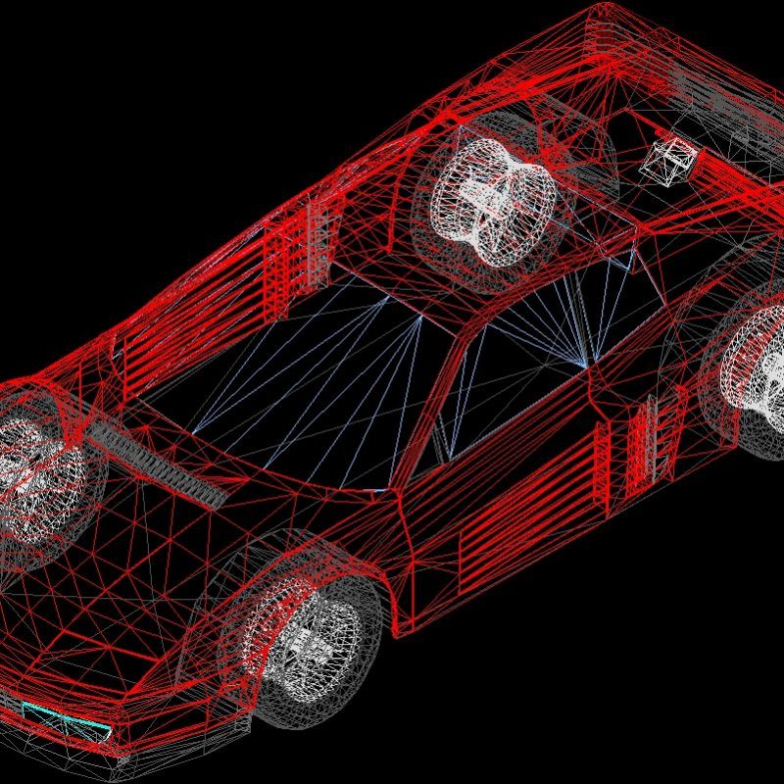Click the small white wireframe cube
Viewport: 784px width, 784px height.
click(668, 160)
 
